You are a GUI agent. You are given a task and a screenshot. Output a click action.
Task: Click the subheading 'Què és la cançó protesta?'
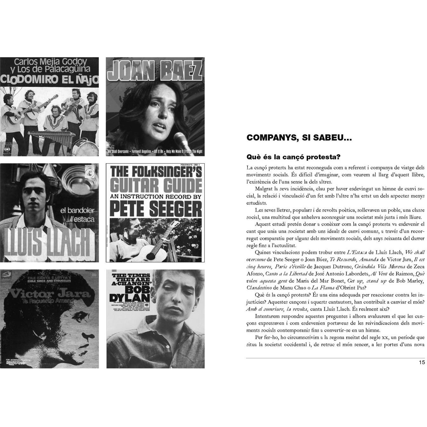click(293, 157)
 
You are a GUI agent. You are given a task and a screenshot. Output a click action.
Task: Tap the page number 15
click(422, 362)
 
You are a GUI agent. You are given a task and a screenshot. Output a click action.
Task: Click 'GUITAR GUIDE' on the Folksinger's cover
click(155, 185)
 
